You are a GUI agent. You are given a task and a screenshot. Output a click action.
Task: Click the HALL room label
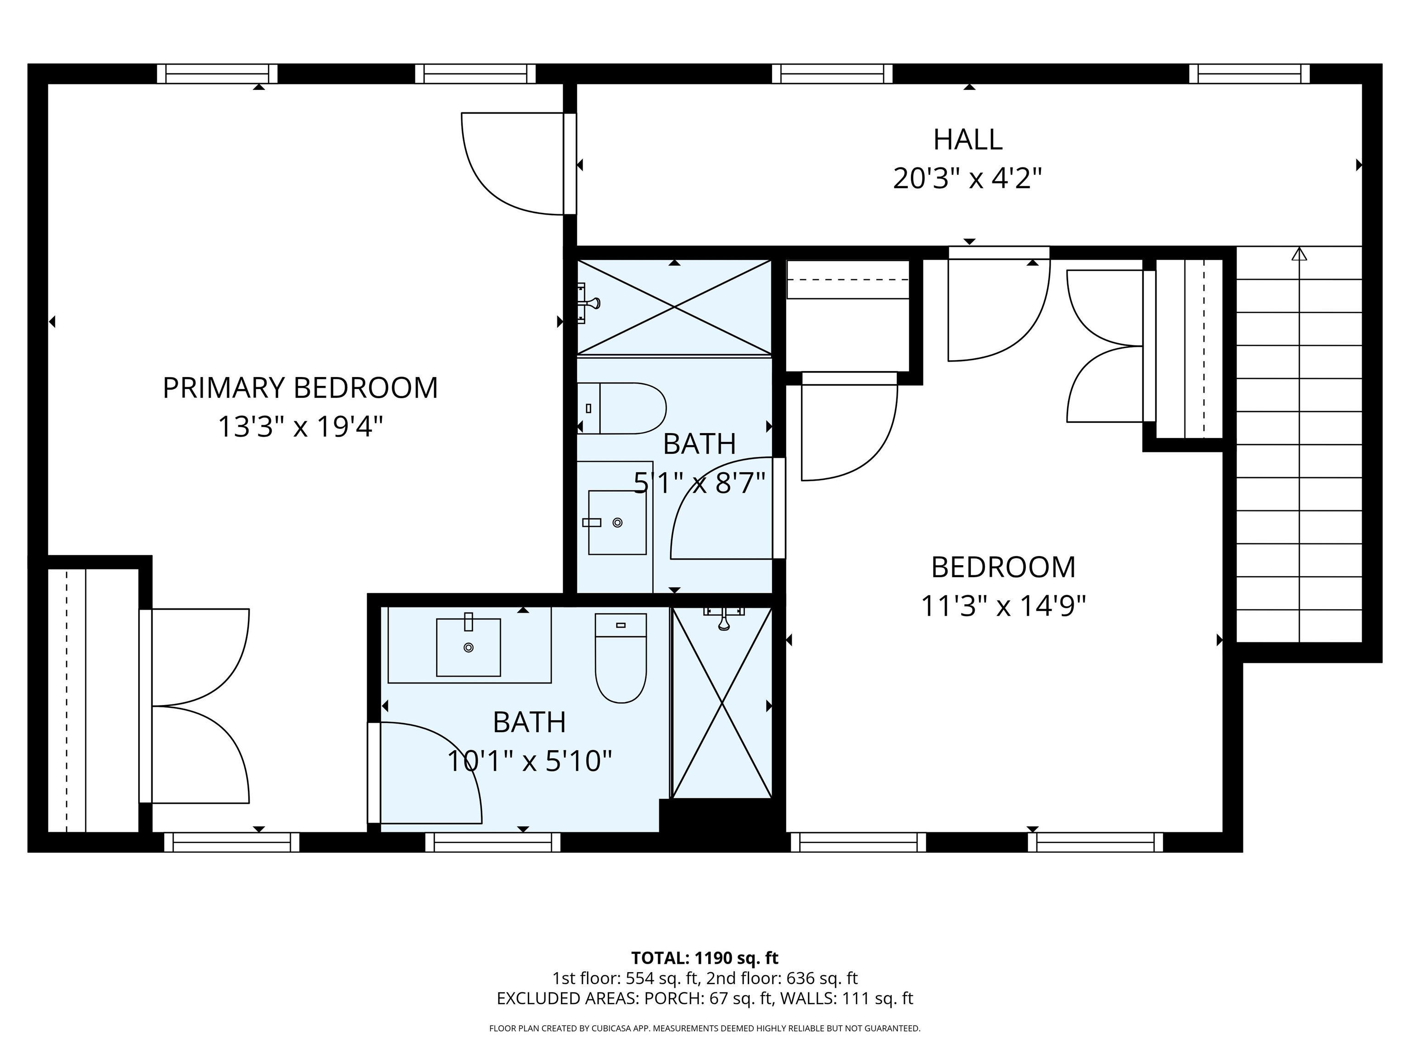click(x=967, y=139)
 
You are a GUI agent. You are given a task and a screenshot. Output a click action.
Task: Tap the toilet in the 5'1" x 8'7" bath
click(x=621, y=408)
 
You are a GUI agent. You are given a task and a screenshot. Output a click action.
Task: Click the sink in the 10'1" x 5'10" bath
click(x=469, y=647)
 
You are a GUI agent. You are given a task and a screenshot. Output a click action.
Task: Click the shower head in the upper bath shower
click(x=590, y=303)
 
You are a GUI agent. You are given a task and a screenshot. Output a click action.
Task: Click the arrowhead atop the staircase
click(x=1299, y=254)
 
